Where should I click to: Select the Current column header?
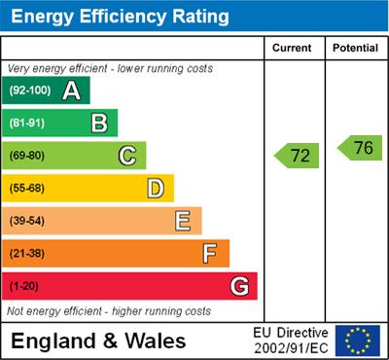pyautogui.click(x=292, y=48)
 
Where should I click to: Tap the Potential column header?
pyautogui.click(x=355, y=48)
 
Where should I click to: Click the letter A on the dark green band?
pyautogui.click(x=71, y=90)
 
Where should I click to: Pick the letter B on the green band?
pyautogui.click(x=99, y=123)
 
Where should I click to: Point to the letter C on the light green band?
pyautogui.click(x=127, y=156)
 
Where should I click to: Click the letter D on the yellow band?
pyautogui.click(x=156, y=188)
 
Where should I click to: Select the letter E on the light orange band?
pyautogui.click(x=183, y=221)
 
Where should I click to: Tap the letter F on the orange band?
pyautogui.click(x=210, y=253)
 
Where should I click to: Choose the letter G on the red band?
pyautogui.click(x=238, y=286)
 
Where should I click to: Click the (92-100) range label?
pyautogui.click(x=30, y=90)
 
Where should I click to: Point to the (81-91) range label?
pyautogui.click(x=27, y=124)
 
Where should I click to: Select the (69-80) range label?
pyautogui.click(x=27, y=156)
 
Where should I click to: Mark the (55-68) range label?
pyautogui.click(x=27, y=189)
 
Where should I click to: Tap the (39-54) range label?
pyautogui.click(x=27, y=221)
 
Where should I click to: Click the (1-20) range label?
pyautogui.click(x=24, y=286)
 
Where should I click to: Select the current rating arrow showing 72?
pyautogui.click(x=297, y=155)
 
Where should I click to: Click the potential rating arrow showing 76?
pyautogui.click(x=360, y=148)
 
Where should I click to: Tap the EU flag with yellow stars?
pyautogui.click(x=358, y=341)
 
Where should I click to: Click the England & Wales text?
pyautogui.click(x=98, y=341)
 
